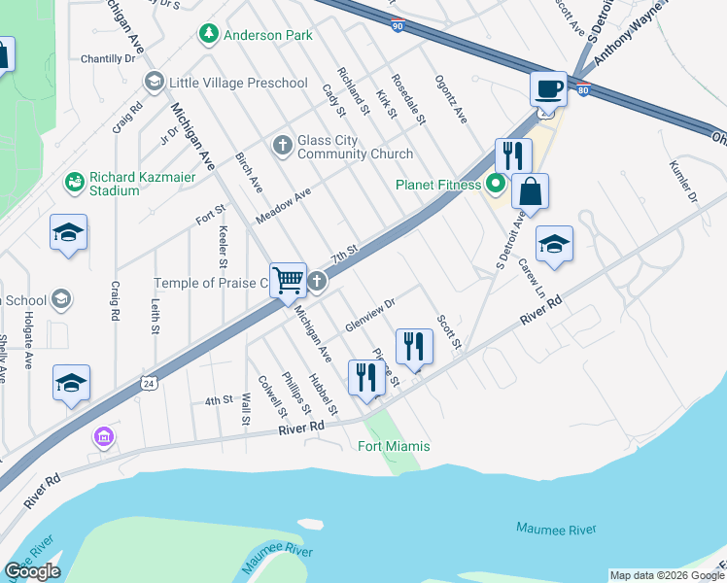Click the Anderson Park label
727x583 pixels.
coord(268,35)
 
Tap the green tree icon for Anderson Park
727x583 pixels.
coord(208,35)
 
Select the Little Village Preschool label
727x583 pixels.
coord(238,83)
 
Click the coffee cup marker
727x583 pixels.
coord(548,88)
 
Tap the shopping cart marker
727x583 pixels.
coord(288,281)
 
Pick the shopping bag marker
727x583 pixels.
coord(530,190)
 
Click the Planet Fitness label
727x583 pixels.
coord(437,185)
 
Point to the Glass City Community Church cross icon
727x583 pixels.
coord(282,146)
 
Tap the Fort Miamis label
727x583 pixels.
coord(394,446)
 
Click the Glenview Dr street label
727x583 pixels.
coord(369,315)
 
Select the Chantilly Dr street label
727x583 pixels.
coord(108,59)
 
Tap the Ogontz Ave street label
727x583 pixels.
coord(451,99)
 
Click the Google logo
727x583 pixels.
coord(32,571)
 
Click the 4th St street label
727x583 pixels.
coord(219,399)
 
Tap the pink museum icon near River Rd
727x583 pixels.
coord(104,438)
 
